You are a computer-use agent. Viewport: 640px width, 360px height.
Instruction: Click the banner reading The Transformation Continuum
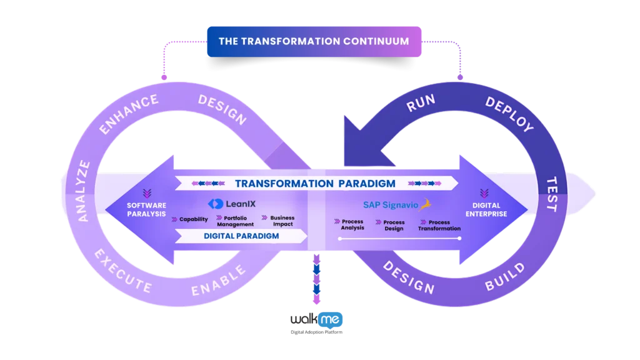pyautogui.click(x=314, y=41)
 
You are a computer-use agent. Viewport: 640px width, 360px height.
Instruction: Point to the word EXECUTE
pyautogui.click(x=122, y=271)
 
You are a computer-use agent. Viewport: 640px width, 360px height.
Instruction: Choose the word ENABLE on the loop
pyautogui.click(x=218, y=281)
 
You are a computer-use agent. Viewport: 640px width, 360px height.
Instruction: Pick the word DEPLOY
pyautogui.click(x=509, y=113)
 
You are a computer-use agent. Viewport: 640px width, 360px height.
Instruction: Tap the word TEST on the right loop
pyautogui.click(x=552, y=193)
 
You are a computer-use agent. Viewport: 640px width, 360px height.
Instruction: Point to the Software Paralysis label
pyautogui.click(x=147, y=209)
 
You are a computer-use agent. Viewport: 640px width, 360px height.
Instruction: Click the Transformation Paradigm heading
pyautogui.click(x=315, y=184)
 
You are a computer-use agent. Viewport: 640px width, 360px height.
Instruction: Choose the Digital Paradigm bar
pyautogui.click(x=241, y=236)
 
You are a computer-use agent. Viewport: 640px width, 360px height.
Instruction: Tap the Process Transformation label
pyautogui.click(x=439, y=225)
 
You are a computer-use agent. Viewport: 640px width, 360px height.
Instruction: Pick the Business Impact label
pyautogui.click(x=282, y=221)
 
